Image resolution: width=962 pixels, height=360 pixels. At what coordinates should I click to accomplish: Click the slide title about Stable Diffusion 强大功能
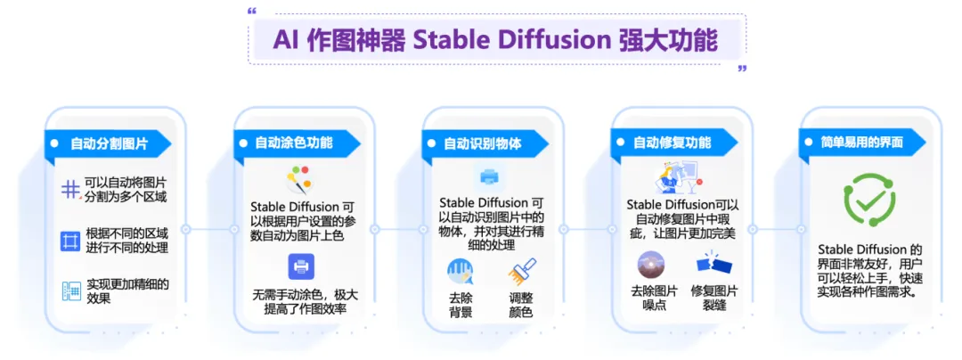[x=495, y=40]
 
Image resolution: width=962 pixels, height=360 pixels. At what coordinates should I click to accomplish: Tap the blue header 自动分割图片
[x=108, y=143]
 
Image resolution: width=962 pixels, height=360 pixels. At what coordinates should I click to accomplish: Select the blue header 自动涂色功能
[x=297, y=143]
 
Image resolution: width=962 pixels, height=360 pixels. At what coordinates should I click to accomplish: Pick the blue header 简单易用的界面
[x=864, y=143]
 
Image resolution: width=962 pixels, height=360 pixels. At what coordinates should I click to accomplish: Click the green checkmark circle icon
[x=869, y=200]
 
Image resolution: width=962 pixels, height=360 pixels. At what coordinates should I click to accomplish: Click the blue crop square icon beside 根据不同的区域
[x=71, y=241]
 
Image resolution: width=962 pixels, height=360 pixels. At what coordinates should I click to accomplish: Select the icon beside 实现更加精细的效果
[x=72, y=290]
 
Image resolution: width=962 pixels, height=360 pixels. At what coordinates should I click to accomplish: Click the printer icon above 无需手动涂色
[x=301, y=266]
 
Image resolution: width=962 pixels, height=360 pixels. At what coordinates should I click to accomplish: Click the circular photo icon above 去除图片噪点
[x=651, y=266]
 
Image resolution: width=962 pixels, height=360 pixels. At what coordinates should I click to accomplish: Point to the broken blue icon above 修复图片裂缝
[x=714, y=264]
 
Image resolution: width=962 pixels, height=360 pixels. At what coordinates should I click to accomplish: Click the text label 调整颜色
[x=521, y=305]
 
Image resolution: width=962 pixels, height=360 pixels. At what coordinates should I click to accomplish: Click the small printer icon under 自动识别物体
[x=489, y=177]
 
